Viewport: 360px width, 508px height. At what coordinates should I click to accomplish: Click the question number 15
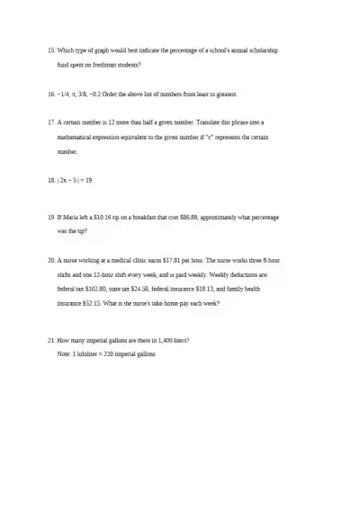50,51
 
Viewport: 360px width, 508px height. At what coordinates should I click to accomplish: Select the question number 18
50,181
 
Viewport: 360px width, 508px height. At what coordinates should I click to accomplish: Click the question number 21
50,340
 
